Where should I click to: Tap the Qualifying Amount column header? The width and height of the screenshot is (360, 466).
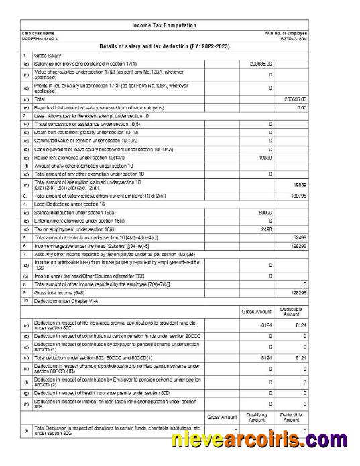tap(257, 418)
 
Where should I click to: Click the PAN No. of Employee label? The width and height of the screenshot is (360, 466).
tap(286, 34)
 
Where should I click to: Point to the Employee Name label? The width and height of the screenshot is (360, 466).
tap(38, 34)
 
